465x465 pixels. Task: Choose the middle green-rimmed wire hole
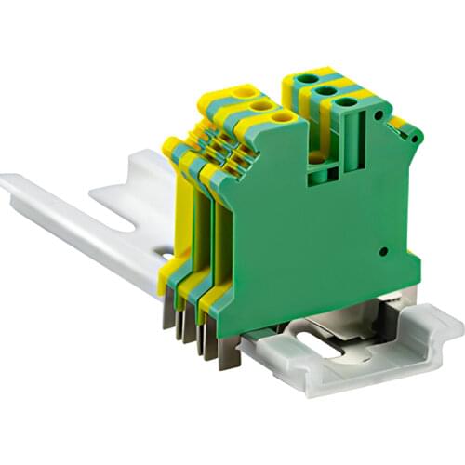pos(325,91)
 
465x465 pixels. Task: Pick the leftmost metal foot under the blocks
pos(167,313)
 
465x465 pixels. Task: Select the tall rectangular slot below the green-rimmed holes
pos(352,149)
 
